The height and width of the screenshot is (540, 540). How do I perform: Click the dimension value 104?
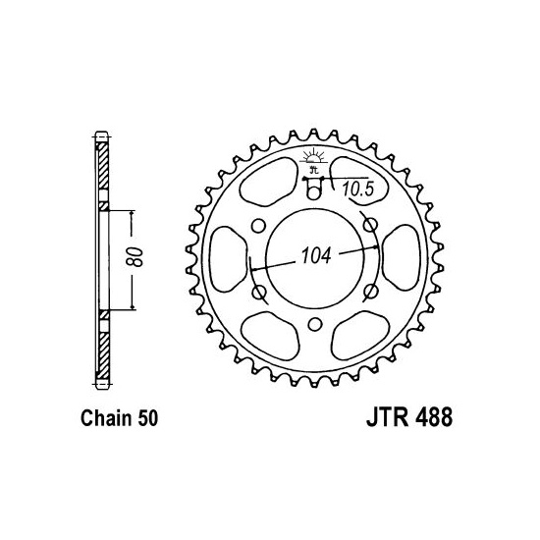pos(316,255)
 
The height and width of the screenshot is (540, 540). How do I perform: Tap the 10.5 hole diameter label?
pos(357,189)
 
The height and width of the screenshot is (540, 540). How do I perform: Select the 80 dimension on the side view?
pos(134,257)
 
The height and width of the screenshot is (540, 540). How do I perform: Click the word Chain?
pos(106,418)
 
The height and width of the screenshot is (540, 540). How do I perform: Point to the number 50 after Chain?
pos(148,418)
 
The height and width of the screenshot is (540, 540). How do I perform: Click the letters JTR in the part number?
pos(388,417)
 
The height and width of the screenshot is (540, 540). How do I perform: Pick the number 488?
pos(434,417)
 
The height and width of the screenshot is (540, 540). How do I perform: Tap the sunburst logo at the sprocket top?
pos(313,157)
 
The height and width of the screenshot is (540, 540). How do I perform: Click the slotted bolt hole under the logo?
pos(313,189)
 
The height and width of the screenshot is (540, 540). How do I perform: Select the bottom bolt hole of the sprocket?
pos(315,324)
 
